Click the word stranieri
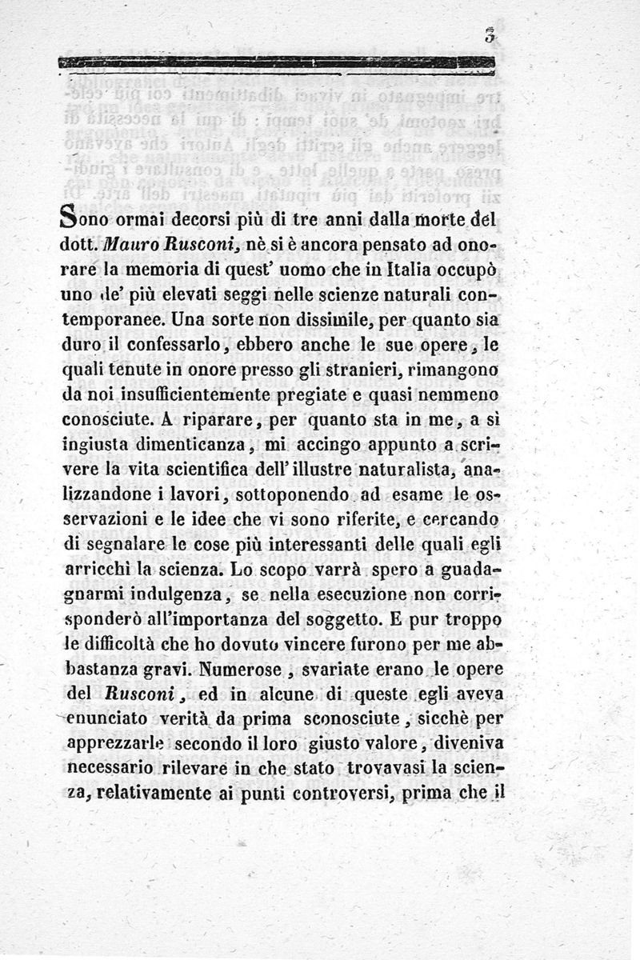click(359, 372)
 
